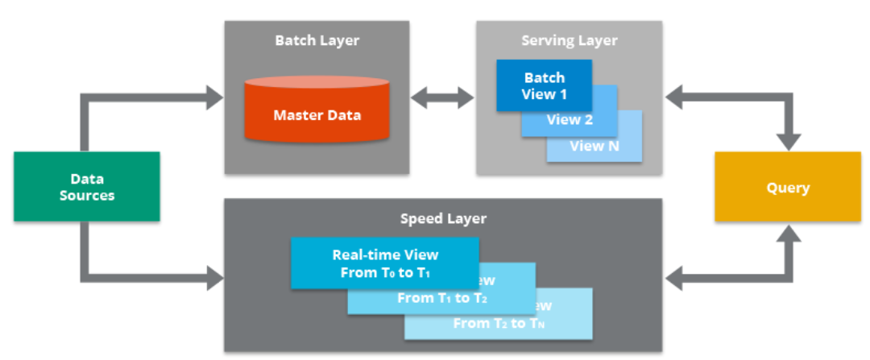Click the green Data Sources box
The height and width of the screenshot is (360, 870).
point(87,186)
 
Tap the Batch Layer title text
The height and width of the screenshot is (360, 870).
point(317,40)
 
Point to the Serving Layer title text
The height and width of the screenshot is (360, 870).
point(569,40)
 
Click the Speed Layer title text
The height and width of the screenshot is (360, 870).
point(443,218)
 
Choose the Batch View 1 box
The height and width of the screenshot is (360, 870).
point(544,85)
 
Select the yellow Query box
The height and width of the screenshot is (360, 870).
point(787,187)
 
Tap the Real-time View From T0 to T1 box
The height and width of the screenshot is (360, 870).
point(384,263)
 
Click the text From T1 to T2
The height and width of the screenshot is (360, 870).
point(442,298)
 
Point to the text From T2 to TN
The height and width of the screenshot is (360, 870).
point(499,323)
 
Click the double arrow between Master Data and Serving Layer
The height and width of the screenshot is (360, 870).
point(442,98)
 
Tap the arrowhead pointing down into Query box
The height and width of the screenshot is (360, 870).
point(787,140)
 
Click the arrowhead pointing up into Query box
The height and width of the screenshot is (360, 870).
point(787,234)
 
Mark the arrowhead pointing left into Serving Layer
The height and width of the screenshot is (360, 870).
point(675,98)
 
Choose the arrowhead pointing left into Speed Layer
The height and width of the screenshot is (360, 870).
point(675,279)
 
